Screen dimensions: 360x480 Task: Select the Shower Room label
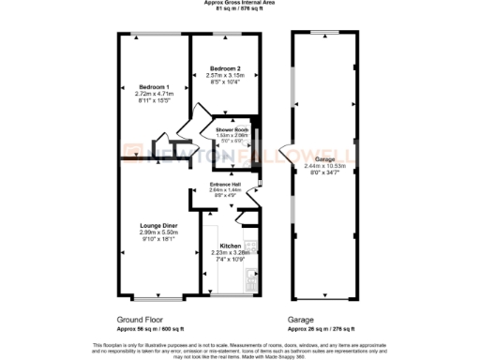[x=231, y=129]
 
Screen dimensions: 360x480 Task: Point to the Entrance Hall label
[x=226, y=184]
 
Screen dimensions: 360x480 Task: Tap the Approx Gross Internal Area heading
[x=239, y=4]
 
